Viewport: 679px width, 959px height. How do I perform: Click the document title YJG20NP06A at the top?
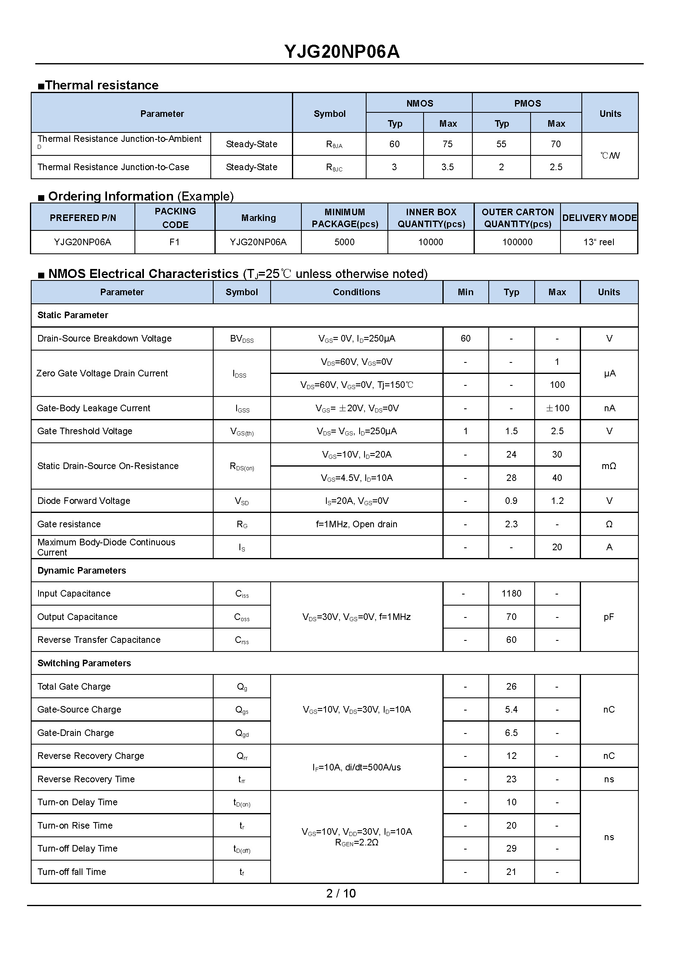pyautogui.click(x=342, y=52)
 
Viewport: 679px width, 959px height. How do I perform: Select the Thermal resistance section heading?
pyautogui.click(x=102, y=85)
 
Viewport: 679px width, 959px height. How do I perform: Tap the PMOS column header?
pyautogui.click(x=527, y=103)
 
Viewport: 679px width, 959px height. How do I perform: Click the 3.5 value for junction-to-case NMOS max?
pyautogui.click(x=447, y=167)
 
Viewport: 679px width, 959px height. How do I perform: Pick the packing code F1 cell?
pyautogui.click(x=174, y=242)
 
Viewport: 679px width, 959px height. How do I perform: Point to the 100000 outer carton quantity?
pyautogui.click(x=517, y=242)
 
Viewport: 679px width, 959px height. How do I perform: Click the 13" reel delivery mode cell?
pyautogui.click(x=599, y=242)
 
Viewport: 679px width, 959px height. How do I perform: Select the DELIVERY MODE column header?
pyautogui.click(x=599, y=218)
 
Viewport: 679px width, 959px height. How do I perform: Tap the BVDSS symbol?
pyautogui.click(x=242, y=339)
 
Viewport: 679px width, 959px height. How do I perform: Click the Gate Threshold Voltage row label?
pyautogui.click(x=85, y=431)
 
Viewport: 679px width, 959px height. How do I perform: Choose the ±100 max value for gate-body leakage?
pyautogui.click(x=557, y=408)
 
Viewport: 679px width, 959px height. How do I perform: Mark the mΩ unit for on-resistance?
pyautogui.click(x=609, y=466)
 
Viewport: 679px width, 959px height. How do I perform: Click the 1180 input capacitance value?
pyautogui.click(x=511, y=594)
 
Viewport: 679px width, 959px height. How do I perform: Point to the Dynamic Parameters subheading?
pyautogui.click(x=82, y=571)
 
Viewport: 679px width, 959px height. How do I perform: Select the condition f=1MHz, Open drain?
pyautogui.click(x=356, y=524)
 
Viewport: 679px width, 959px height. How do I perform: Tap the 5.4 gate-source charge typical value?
pyautogui.click(x=511, y=709)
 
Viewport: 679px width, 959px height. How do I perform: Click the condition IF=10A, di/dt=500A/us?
pyautogui.click(x=356, y=768)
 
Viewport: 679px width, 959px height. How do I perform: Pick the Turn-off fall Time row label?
pyautogui.click(x=71, y=872)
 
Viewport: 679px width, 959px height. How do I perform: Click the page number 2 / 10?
pyautogui.click(x=341, y=893)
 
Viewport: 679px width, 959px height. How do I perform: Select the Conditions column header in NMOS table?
pyautogui.click(x=356, y=292)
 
